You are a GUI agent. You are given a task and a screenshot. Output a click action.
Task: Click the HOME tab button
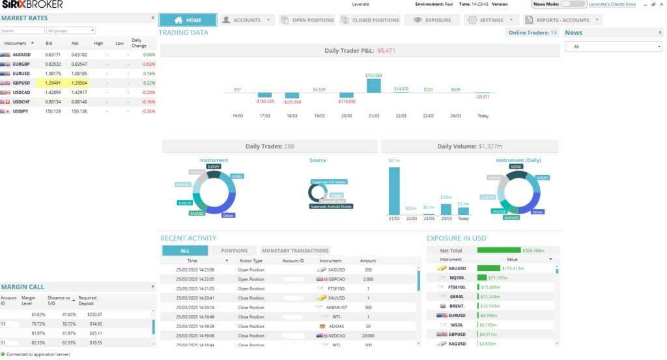tap(188, 20)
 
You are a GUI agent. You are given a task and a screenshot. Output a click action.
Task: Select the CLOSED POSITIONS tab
tap(370, 20)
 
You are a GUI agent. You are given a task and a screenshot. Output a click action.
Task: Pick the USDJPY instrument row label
tap(21, 111)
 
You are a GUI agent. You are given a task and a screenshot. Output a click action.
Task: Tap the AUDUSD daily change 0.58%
tap(149, 55)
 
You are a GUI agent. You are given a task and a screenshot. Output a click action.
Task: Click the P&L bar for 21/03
tap(373, 85)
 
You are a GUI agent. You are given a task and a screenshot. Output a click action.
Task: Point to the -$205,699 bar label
tap(292, 102)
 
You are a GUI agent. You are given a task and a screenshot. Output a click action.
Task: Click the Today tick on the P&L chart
tap(483, 116)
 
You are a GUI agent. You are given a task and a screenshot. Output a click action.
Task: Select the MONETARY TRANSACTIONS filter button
tap(295, 251)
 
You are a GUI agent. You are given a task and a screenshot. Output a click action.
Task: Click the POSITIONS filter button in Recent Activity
tap(234, 251)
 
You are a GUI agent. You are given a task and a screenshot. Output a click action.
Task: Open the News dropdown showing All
tap(613, 47)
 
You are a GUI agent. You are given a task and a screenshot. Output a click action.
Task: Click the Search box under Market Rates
tap(22, 31)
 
